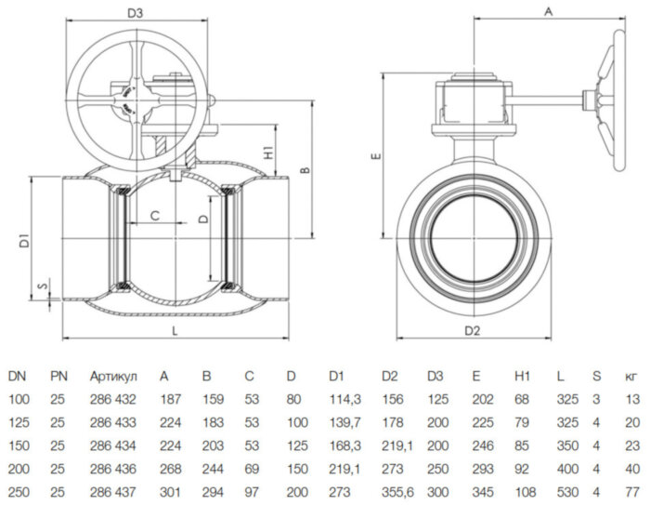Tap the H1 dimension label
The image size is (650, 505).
click(x=266, y=152)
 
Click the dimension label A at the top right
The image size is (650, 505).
click(x=547, y=12)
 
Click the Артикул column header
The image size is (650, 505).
click(x=113, y=377)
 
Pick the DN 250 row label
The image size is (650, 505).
click(x=19, y=489)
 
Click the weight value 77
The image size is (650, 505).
click(x=631, y=489)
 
